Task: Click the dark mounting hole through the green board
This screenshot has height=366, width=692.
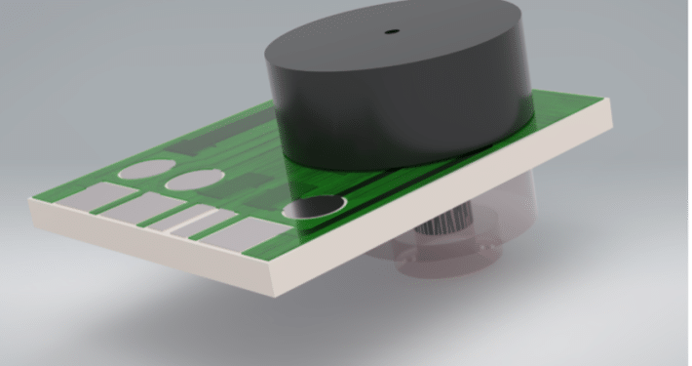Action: click(x=314, y=207)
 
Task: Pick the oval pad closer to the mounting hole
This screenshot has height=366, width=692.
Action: click(x=189, y=181)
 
